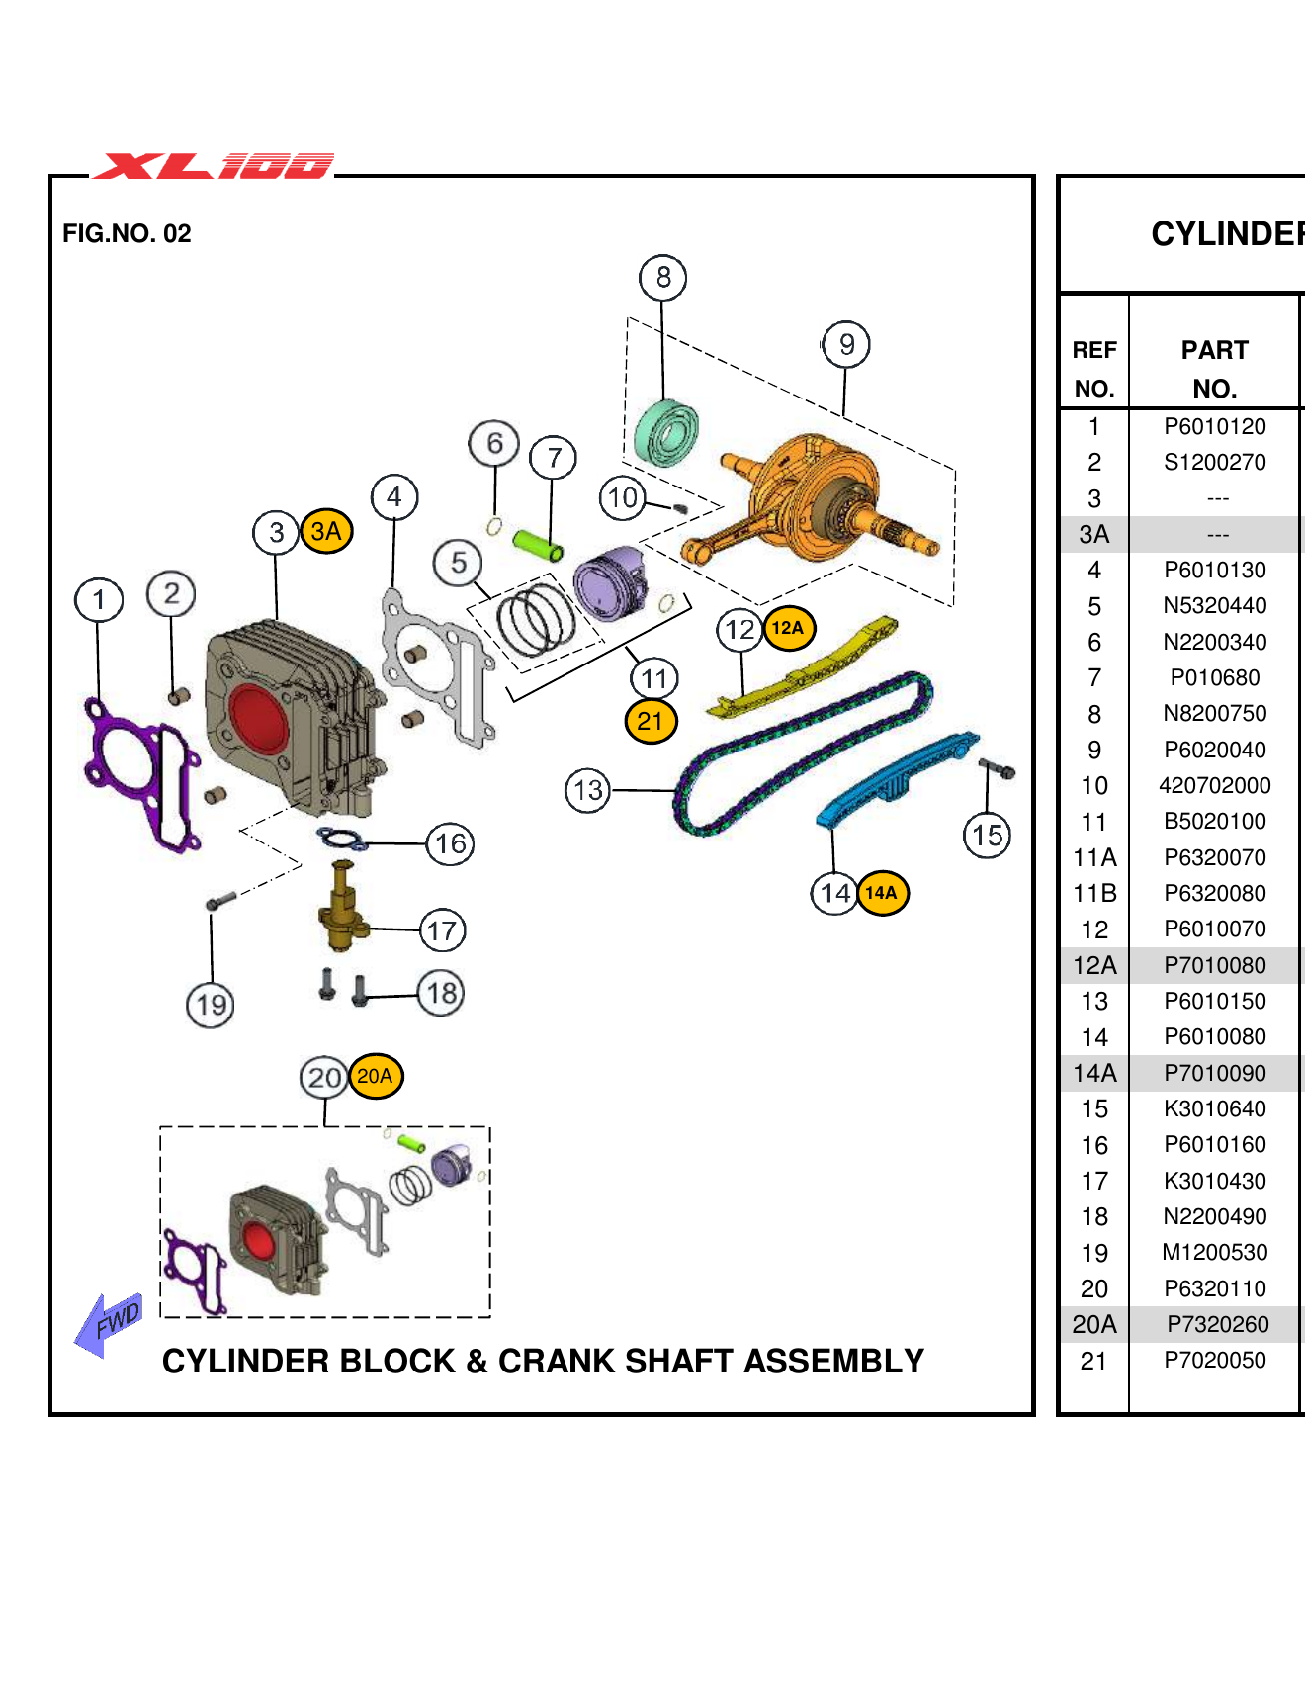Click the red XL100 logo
pyautogui.click(x=213, y=165)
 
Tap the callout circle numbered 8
pyautogui.click(x=662, y=278)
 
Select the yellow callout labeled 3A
pyautogui.click(x=326, y=532)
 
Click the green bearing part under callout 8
pyautogui.click(x=665, y=433)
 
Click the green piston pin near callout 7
pyautogui.click(x=537, y=543)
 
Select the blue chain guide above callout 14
pyautogui.click(x=895, y=780)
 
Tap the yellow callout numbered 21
pyautogui.click(x=651, y=721)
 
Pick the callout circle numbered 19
pyautogui.click(x=211, y=1006)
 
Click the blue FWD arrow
pyautogui.click(x=109, y=1323)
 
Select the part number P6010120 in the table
pyautogui.click(x=1214, y=427)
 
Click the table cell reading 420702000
pyautogui.click(x=1214, y=786)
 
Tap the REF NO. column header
pyautogui.click(x=1094, y=369)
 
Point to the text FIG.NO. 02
pyautogui.click(x=127, y=234)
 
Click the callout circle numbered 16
pyautogui.click(x=450, y=844)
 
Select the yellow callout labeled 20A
pyautogui.click(x=375, y=1077)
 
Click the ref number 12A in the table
pyautogui.click(x=1094, y=966)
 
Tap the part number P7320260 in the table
pyautogui.click(x=1214, y=1325)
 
